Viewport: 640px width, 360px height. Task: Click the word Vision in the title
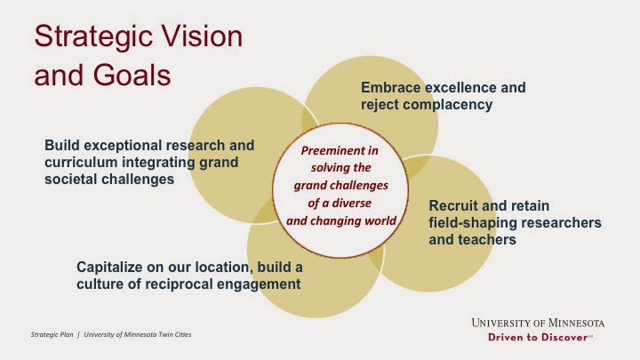coord(202,36)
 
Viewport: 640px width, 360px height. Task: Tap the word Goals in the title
coord(132,75)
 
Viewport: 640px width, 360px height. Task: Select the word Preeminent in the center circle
coord(340,150)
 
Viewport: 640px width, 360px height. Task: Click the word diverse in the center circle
coord(351,203)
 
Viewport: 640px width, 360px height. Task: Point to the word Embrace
coord(390,87)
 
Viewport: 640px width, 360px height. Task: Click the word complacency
coord(447,105)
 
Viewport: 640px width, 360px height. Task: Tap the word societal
coord(70,180)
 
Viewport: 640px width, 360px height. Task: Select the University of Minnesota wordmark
coord(538,323)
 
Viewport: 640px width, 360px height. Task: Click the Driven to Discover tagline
coord(540,337)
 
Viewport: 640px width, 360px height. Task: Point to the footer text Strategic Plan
coord(52,335)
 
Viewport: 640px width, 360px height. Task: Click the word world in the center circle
coord(380,220)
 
